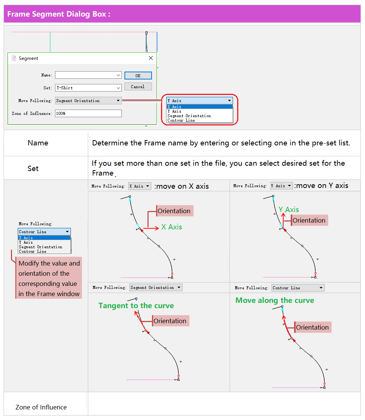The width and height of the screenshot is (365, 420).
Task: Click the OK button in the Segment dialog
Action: pyautogui.click(x=138, y=76)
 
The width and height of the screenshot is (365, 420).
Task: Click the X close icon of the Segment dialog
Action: pyautogui.click(x=151, y=58)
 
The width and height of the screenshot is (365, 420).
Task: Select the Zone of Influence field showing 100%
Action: pyautogui.click(x=88, y=113)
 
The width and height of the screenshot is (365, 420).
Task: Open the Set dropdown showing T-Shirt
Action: pyautogui.click(x=88, y=88)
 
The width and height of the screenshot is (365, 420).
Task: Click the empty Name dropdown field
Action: pyautogui.click(x=88, y=75)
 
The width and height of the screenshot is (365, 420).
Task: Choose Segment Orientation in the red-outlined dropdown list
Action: pyautogui.click(x=189, y=116)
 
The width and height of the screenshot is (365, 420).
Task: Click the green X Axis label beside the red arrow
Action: pyautogui.click(x=172, y=227)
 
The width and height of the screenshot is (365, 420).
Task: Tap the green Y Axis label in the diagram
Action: pyautogui.click(x=288, y=209)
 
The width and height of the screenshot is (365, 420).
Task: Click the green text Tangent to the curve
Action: pyautogui.click(x=136, y=305)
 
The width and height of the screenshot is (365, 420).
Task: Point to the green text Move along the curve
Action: pyautogui.click(x=275, y=300)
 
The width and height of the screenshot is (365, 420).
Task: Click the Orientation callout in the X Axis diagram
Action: pyautogui.click(x=174, y=211)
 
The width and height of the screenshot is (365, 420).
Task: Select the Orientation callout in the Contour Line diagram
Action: pyautogui.click(x=313, y=327)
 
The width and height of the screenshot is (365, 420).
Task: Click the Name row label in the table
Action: pyautogui.click(x=38, y=143)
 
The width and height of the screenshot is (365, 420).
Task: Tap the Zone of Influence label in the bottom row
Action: pyautogui.click(x=41, y=407)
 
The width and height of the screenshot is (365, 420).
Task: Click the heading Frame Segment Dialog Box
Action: pyautogui.click(x=59, y=14)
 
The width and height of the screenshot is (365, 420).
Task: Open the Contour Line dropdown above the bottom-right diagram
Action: pyautogui.click(x=298, y=288)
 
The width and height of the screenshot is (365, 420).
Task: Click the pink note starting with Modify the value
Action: pyautogui.click(x=49, y=278)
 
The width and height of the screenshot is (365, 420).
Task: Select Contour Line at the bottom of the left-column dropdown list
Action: pyautogui.click(x=32, y=251)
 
